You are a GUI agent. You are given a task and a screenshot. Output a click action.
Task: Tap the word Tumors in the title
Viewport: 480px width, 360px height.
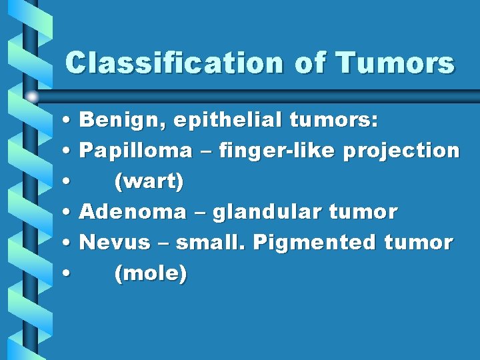pyautogui.click(x=396, y=63)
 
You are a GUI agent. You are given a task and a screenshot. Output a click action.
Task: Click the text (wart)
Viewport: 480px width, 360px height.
pyautogui.click(x=149, y=182)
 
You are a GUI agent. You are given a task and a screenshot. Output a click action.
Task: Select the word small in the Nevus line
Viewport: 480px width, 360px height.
pyautogui.click(x=214, y=243)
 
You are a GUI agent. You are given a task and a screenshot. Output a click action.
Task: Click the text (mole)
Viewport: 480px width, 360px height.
pyautogui.click(x=151, y=273)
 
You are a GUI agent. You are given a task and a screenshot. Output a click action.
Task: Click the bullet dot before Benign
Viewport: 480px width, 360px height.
pyautogui.click(x=69, y=121)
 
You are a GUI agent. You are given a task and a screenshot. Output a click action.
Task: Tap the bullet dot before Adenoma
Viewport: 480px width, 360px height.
pyautogui.click(x=69, y=213)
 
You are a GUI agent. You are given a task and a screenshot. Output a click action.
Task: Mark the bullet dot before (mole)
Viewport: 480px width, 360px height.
pyautogui.click(x=69, y=274)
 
